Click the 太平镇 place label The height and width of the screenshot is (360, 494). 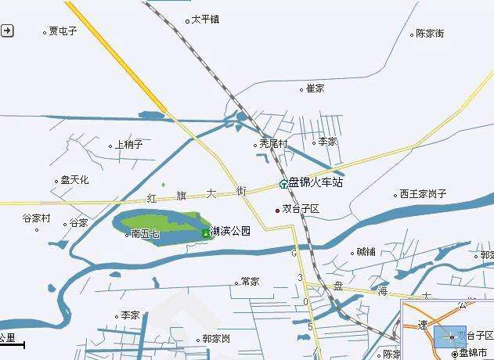tap(205, 20)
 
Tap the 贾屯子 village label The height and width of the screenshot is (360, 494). tap(63, 32)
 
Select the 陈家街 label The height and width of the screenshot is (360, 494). tap(430, 34)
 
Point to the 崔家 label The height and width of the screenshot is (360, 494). tap(315, 88)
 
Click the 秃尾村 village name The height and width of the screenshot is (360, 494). tap(273, 144)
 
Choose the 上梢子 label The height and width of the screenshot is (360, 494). tap(128, 145)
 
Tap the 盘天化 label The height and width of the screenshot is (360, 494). tap(74, 180)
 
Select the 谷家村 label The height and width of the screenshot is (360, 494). tap(35, 218)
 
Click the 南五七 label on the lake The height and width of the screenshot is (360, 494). tap(145, 233)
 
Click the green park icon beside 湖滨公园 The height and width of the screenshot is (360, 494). tap(206, 232)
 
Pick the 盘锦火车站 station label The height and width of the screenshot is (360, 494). tap(316, 183)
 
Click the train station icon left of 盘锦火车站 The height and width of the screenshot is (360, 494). tap(283, 185)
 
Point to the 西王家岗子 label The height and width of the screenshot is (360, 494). tap(423, 194)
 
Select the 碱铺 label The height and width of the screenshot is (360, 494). tap(366, 252)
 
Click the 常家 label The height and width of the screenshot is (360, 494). tap(250, 282)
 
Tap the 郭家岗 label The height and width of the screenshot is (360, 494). tap(215, 339)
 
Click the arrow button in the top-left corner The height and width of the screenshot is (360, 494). tap(7, 31)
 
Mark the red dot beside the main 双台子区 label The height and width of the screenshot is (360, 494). tap(277, 210)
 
